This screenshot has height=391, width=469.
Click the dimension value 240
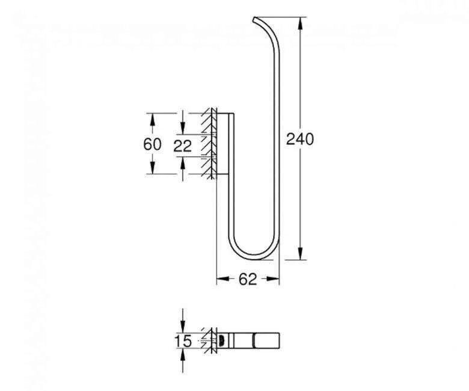[299, 139]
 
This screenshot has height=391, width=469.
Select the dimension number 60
[152, 144]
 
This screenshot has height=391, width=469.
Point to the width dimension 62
[248, 279]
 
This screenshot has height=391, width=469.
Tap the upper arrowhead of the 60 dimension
[152, 117]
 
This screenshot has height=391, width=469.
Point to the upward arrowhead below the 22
[182, 161]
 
